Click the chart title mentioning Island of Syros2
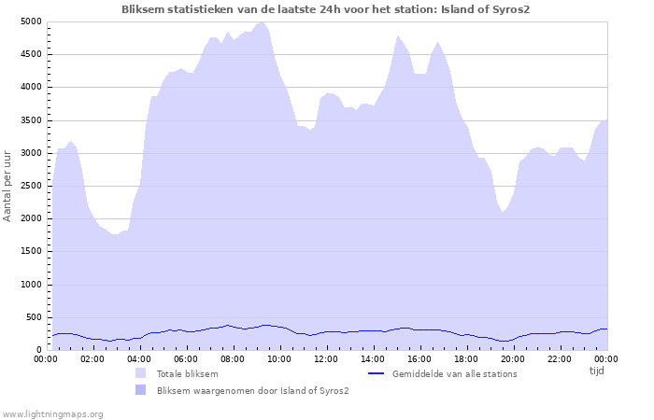pos(326,9)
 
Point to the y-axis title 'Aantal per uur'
pos(7,187)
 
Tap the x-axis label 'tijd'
pos(596,371)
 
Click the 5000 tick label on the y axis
pos(31,21)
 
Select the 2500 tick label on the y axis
pos(31,186)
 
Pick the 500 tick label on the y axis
pos(34,317)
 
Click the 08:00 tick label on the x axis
pos(233,359)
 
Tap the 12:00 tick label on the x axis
pos(326,359)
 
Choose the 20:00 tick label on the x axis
pos(513,359)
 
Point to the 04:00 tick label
pos(139,359)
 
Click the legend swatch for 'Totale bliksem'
pos(140,373)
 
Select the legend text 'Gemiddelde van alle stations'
pos(455,373)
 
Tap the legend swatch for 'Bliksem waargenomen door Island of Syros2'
pos(140,390)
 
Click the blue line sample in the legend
pos(376,373)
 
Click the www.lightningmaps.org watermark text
pos(52,414)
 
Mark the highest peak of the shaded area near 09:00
pos(261,22)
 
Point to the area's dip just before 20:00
pos(503,212)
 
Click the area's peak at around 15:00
pos(397,35)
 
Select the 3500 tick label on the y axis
pos(31,120)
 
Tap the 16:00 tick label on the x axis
pos(419,359)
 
